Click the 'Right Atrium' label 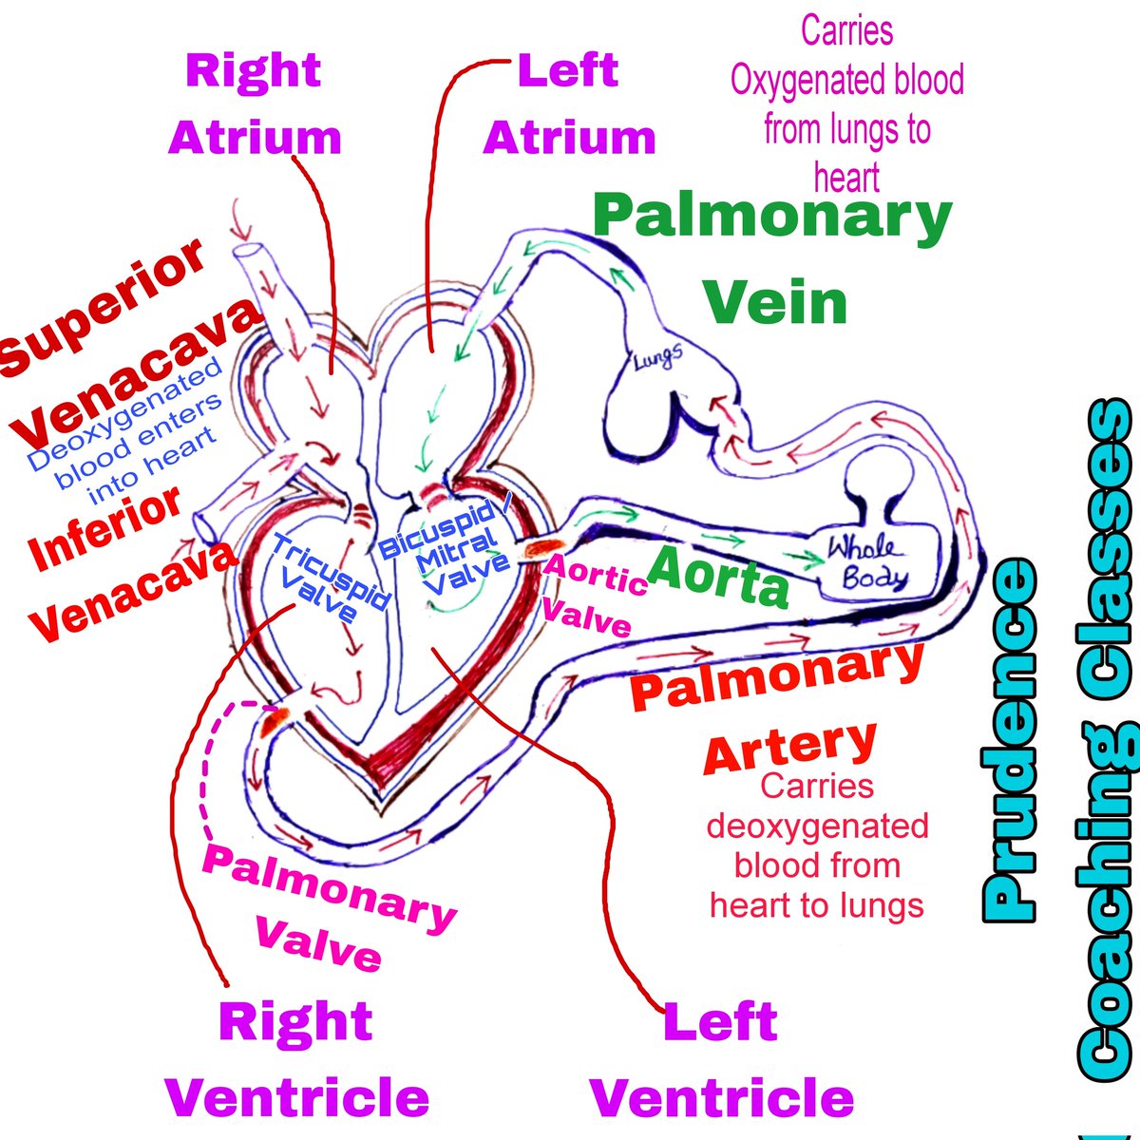(x=255, y=104)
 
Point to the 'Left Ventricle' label (x=722, y=1059)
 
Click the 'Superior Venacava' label (x=123, y=342)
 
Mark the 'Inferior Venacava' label (x=123, y=560)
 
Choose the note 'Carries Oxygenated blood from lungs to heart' (x=846, y=104)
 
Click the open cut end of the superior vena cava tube (x=249, y=255)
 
